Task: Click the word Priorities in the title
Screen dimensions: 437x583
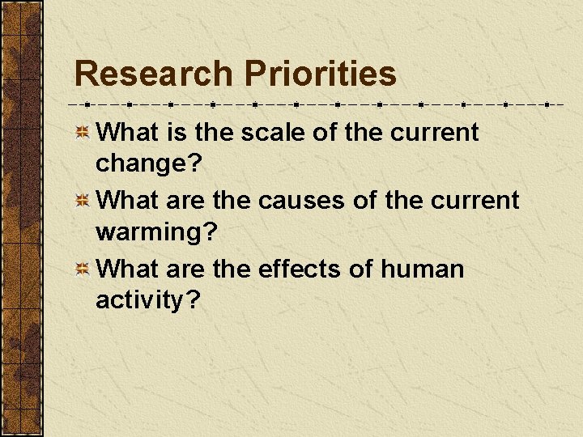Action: tap(320, 74)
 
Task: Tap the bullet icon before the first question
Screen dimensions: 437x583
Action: tap(82, 133)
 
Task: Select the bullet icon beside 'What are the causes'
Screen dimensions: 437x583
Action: tap(82, 202)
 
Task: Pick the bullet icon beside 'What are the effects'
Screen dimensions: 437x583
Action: tap(82, 269)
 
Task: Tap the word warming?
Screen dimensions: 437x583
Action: tap(156, 233)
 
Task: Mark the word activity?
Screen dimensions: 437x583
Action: tap(147, 300)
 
